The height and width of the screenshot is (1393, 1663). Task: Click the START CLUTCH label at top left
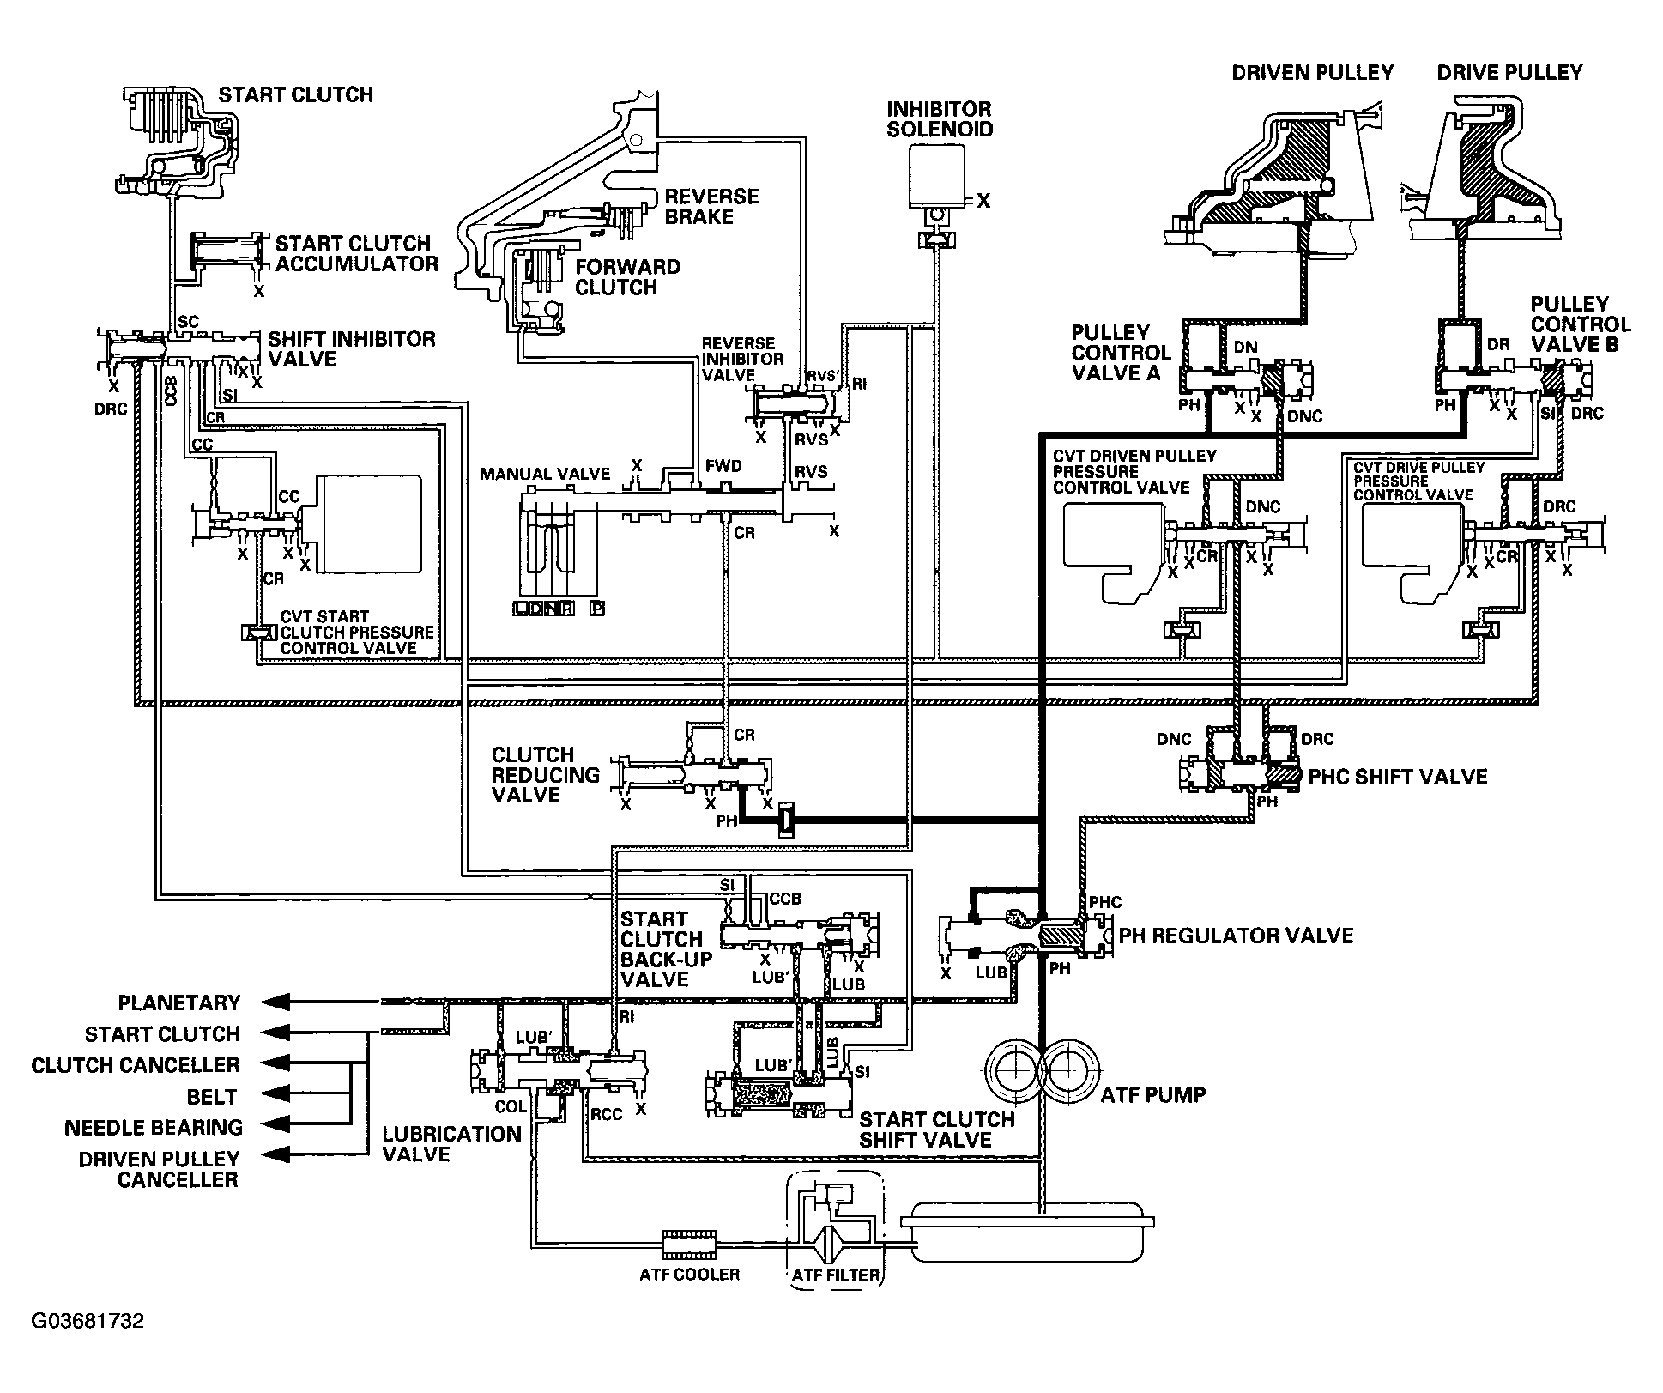pos(295,94)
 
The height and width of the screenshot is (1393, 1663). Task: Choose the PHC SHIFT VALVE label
pos(1398,777)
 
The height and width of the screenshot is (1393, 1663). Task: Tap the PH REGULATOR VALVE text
pos(1236,935)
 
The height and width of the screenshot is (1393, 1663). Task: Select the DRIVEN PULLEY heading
pos(1313,73)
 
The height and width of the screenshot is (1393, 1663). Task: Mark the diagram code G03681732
pos(88,1320)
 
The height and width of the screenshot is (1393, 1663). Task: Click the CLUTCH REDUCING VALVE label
pos(545,774)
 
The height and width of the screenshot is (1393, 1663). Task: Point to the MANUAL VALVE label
pos(545,474)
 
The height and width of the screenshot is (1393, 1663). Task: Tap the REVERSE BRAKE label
pos(711,207)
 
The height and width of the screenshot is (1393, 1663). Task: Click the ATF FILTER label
pos(836,1275)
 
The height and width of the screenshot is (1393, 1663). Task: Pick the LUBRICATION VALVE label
pos(452,1144)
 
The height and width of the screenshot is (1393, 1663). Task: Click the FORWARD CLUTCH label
pos(627,276)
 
